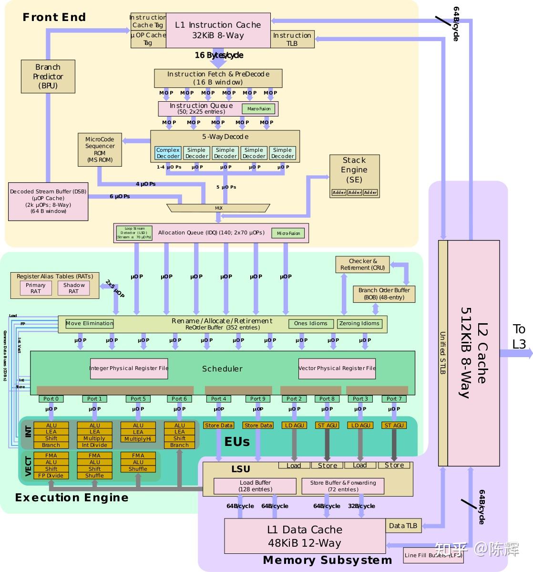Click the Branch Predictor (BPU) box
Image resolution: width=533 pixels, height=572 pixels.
pos(48,76)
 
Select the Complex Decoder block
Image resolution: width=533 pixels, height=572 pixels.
pos(168,153)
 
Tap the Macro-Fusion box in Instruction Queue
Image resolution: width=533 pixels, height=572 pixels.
pos(259,109)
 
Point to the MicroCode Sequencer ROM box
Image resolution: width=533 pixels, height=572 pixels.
pos(100,149)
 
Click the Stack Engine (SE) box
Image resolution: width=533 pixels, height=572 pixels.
pos(354,175)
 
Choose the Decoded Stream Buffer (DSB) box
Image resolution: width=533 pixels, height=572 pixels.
pos(48,201)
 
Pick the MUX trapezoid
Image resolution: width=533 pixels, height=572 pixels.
pos(218,208)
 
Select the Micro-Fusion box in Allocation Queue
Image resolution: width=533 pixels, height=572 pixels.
pos(288,233)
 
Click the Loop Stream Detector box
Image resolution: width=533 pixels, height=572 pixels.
pos(134,233)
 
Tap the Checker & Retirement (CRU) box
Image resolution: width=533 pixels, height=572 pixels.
pos(362,265)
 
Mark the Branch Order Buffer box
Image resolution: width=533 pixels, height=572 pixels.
pos(384,294)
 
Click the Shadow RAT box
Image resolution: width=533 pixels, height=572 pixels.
pos(73,288)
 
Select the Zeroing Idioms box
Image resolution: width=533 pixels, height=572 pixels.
pos(359,324)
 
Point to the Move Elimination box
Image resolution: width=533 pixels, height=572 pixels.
pos(90,324)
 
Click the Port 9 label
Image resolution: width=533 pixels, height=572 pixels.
pos(258,399)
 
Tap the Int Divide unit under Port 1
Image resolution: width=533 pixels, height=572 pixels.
pos(94,445)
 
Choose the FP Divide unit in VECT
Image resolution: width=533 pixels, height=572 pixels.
pos(51,476)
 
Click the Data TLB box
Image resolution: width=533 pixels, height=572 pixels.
pos(403,526)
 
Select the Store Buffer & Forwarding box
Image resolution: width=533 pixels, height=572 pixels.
pos(343,486)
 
